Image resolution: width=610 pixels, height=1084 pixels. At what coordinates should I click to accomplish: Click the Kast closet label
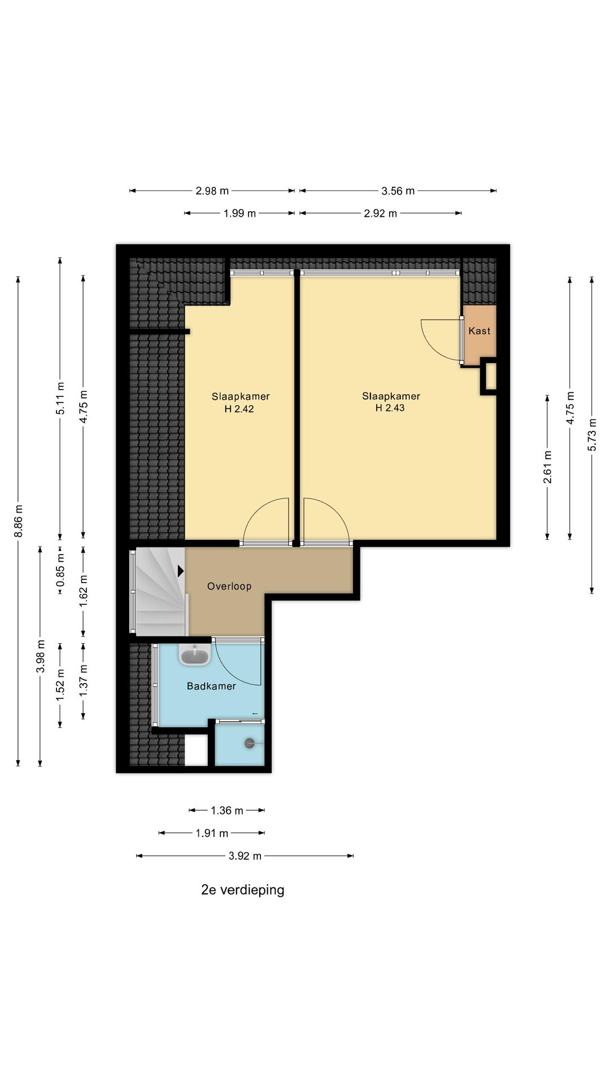[480, 331]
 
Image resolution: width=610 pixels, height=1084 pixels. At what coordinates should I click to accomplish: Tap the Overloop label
[229, 586]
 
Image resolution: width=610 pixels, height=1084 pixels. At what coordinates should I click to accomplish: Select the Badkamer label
[211, 686]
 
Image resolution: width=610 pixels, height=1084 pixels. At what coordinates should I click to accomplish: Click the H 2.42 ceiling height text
[239, 409]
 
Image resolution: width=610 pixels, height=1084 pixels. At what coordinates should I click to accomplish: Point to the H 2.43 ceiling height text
[390, 408]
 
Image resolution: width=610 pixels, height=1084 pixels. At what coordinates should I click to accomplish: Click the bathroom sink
[195, 655]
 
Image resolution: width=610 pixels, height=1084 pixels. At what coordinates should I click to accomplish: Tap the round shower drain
[250, 744]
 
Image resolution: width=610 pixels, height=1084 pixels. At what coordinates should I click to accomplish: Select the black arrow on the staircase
[181, 571]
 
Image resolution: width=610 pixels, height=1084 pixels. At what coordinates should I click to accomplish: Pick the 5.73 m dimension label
[592, 434]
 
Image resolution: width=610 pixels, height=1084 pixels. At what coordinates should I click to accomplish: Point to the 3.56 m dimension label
[398, 191]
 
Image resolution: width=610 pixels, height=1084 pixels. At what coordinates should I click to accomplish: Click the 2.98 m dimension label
[212, 191]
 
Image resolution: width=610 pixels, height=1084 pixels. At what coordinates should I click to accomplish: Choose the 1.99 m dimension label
[239, 213]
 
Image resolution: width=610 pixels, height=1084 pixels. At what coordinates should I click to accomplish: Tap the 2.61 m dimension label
[547, 467]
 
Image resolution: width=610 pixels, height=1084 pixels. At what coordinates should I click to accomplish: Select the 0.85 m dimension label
[60, 570]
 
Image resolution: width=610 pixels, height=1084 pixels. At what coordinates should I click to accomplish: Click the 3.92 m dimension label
[245, 856]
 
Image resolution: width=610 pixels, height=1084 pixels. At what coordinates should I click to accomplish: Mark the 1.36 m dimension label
[227, 811]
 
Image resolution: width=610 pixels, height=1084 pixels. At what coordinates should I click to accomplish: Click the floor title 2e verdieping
[243, 890]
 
